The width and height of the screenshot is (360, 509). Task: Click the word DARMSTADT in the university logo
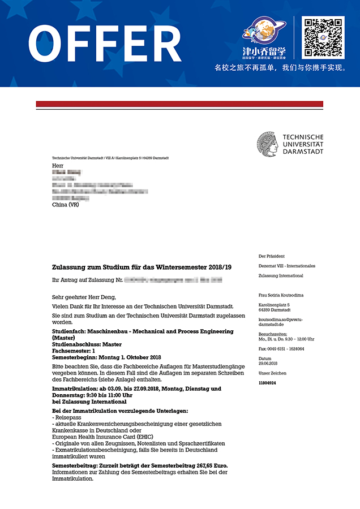[x=303, y=152]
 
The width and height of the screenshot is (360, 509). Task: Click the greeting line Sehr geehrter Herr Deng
[x=83, y=297]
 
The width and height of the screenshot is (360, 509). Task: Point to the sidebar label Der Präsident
[x=272, y=256]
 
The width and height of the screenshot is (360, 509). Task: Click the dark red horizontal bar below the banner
[x=179, y=104]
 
